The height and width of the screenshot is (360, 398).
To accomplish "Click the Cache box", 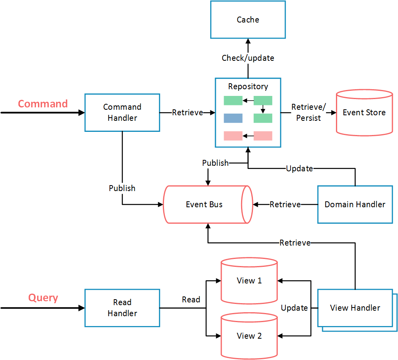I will tap(248, 20).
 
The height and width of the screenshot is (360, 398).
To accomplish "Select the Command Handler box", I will tap(122, 112).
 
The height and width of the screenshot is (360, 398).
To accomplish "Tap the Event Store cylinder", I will tap(364, 113).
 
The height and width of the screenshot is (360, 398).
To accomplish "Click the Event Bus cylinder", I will tap(205, 204).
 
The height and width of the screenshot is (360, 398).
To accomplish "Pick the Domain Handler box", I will tap(355, 204).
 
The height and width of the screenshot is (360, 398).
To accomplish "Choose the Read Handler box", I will tap(122, 308).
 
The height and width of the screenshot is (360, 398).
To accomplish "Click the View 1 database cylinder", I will tap(249, 281).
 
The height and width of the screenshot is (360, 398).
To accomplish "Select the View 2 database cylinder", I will tap(249, 336).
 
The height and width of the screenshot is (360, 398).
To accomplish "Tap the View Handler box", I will tap(355, 308).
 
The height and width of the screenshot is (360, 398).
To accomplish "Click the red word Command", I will tap(43, 104).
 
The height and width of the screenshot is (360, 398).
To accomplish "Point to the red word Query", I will tap(43, 298).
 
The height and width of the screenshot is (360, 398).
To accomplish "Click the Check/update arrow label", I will tap(248, 58).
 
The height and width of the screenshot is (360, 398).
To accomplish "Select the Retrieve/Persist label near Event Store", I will tap(308, 112).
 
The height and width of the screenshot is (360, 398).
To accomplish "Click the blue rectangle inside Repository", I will tap(233, 118).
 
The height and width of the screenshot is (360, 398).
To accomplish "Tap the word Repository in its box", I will tap(248, 86).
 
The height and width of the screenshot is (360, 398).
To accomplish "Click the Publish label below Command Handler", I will tap(122, 188).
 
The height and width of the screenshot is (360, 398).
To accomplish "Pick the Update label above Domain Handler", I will tap(299, 169).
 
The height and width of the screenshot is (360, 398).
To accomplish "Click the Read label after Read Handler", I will tap(191, 300).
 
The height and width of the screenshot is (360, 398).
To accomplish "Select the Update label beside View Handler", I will tap(294, 308).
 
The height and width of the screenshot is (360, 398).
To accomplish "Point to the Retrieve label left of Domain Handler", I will tap(285, 204).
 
